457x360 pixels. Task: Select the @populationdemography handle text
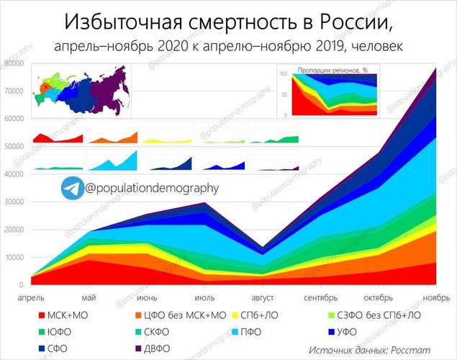[150, 189]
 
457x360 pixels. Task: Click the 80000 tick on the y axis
[14, 63]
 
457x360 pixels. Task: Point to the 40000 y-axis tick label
[14, 174]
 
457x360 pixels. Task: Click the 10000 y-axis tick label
[14, 257]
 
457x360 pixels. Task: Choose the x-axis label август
[262, 297]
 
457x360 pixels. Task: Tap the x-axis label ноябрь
[436, 297]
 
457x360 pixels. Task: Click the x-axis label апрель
[30, 297]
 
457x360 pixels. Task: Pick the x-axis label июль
[204, 297]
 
